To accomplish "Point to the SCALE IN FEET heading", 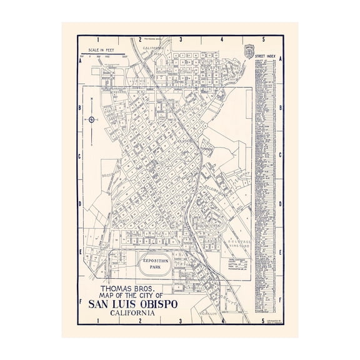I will [104, 49].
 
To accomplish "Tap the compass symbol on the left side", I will [92, 119].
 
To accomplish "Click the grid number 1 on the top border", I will [99, 39].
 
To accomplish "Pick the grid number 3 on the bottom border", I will [181, 321].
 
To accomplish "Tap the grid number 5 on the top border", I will [263, 39].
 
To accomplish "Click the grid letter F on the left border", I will [81, 300].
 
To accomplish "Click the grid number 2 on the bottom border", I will [140, 321].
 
